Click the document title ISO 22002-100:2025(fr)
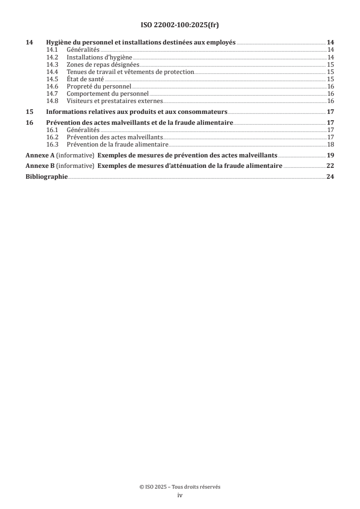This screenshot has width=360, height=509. [x=180, y=25]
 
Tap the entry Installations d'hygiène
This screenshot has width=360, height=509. [x=99, y=57]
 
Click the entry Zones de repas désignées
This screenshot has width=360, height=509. [x=103, y=64]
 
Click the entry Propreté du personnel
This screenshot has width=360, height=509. [x=99, y=86]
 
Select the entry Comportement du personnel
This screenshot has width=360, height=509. [x=108, y=93]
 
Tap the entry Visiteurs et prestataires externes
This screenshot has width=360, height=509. [x=114, y=101]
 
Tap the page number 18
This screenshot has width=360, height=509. [x=330, y=144]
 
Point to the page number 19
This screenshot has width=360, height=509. [x=330, y=155]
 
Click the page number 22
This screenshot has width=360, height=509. [x=330, y=166]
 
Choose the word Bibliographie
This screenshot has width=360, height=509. [x=47, y=177]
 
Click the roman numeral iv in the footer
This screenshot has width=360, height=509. [x=180, y=495]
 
